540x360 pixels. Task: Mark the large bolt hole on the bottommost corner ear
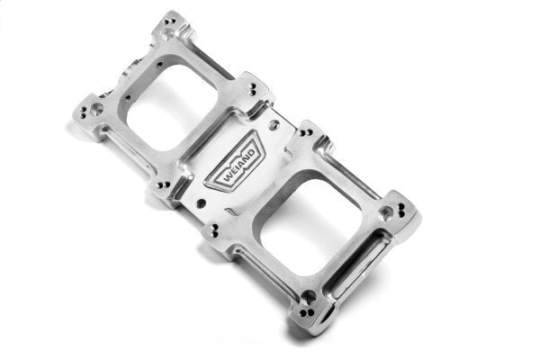306,297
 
